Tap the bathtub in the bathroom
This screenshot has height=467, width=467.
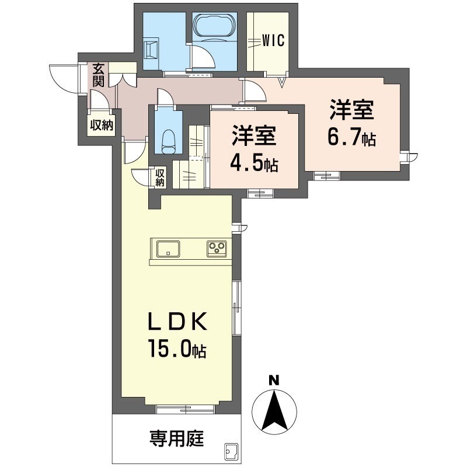tap(215, 27)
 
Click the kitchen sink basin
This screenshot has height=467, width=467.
tap(169, 249)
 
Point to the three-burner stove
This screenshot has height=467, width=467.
tap(217, 248)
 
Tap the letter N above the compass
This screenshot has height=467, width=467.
tap(273, 381)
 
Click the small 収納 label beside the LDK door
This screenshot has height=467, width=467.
tap(159, 177)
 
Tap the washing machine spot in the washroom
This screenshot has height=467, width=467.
tap(152, 49)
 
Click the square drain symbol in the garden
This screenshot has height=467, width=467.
tap(230, 451)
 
